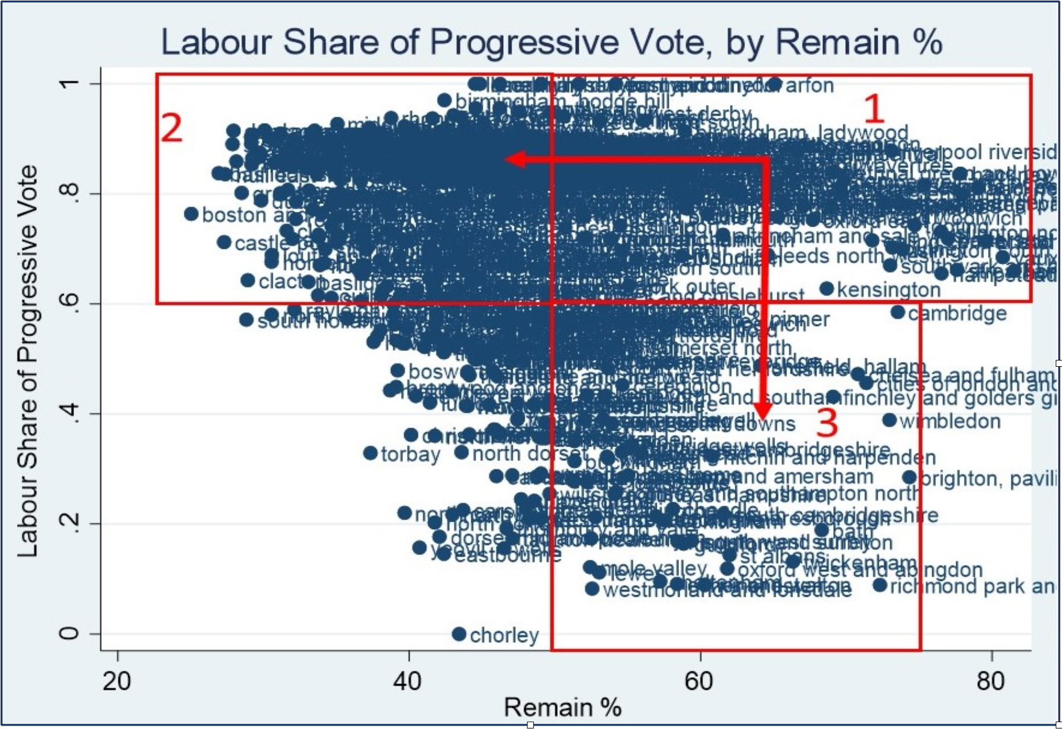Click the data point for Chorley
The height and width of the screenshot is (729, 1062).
[x=459, y=634]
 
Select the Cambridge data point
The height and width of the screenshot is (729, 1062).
[x=898, y=312]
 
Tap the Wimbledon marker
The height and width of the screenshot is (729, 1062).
[x=889, y=420]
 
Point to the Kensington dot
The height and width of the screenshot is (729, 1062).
[x=826, y=289]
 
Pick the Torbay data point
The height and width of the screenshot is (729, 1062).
[x=371, y=453]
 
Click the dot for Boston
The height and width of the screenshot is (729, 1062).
[x=191, y=214]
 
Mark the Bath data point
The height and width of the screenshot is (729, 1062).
[x=821, y=530]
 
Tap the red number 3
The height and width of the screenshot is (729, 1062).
[x=827, y=423]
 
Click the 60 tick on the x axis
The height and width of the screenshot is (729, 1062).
[x=699, y=681]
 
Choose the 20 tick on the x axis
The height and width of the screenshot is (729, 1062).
[x=117, y=681]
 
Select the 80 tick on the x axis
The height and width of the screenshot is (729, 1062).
[x=991, y=681]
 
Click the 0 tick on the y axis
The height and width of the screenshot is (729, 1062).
[x=69, y=634]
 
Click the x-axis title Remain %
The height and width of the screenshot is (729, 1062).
[x=562, y=708]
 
